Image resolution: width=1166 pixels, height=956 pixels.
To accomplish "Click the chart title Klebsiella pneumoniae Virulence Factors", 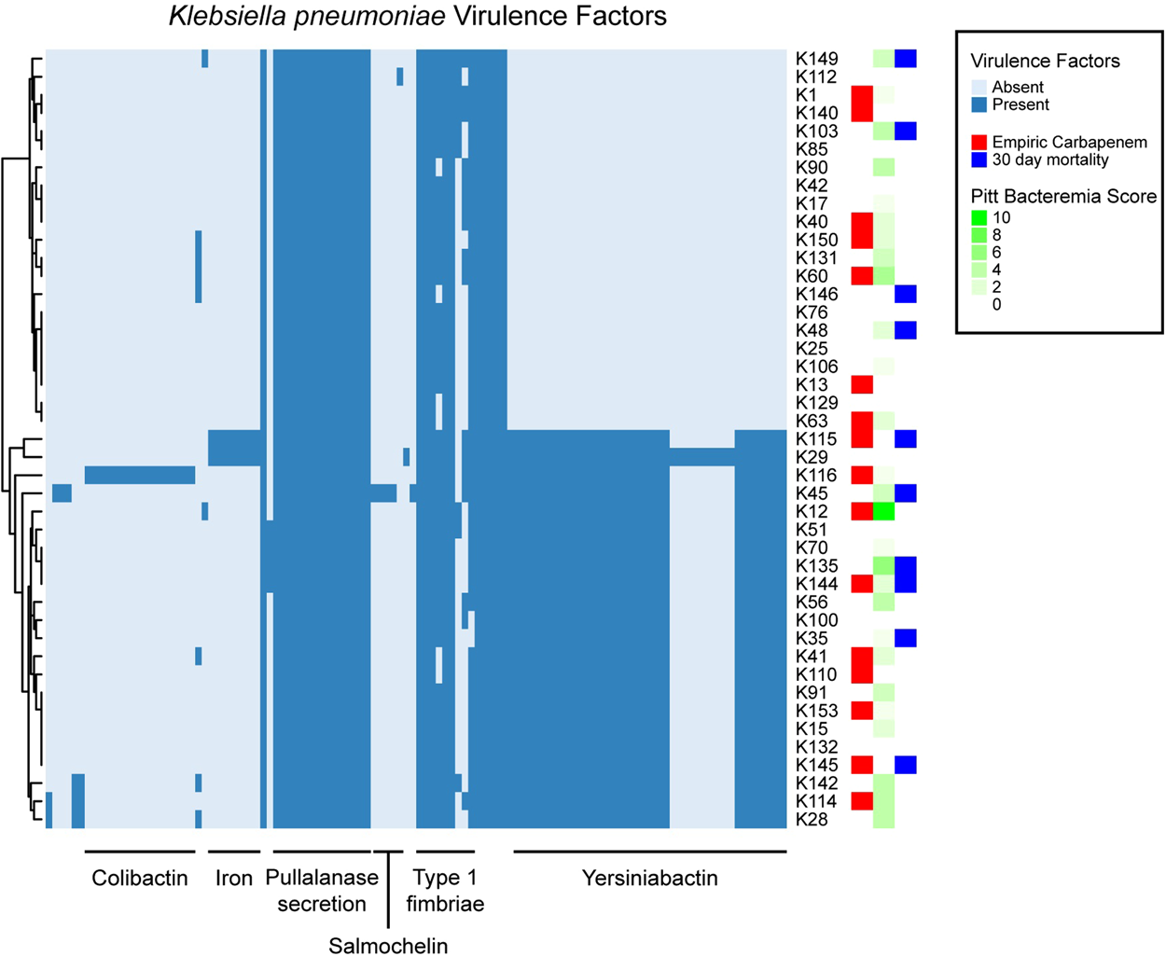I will coord(417,17).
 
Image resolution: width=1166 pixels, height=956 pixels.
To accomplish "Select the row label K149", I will coord(816,59).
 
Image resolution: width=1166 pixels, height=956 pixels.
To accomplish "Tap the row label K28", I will coord(811,820).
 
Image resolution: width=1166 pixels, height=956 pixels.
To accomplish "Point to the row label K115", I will coord(816,439).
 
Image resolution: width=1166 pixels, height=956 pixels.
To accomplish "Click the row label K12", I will coord(811,512).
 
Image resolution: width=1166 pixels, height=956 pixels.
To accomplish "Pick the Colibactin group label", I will coord(140,879).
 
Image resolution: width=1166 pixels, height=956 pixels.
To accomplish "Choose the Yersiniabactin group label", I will coord(650,879).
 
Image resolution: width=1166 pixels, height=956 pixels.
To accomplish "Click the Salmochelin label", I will coord(388,946).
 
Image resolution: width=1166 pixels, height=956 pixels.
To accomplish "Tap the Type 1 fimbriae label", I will coord(445,891).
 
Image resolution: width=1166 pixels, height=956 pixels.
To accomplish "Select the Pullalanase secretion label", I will coord(322,891).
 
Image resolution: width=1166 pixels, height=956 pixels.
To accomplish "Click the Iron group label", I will coord(233,879).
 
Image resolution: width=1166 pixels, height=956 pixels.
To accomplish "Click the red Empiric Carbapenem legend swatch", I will coord(979,143).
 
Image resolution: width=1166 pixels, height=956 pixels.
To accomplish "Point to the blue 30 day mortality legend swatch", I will coord(979,160).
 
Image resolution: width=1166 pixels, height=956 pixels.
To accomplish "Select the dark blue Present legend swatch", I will coord(979,105).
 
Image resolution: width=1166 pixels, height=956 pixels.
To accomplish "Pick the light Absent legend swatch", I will coord(979,88).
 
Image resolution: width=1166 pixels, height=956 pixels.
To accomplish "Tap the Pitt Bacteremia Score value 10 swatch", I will coord(979,218).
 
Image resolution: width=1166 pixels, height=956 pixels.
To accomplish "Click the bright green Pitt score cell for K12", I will coord(883,511).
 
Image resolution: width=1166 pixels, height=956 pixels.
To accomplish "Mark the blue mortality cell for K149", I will coord(906,59).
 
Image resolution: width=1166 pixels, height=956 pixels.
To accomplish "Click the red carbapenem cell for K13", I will coord(862,384).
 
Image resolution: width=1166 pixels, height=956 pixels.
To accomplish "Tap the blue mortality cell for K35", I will coord(906,638).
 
